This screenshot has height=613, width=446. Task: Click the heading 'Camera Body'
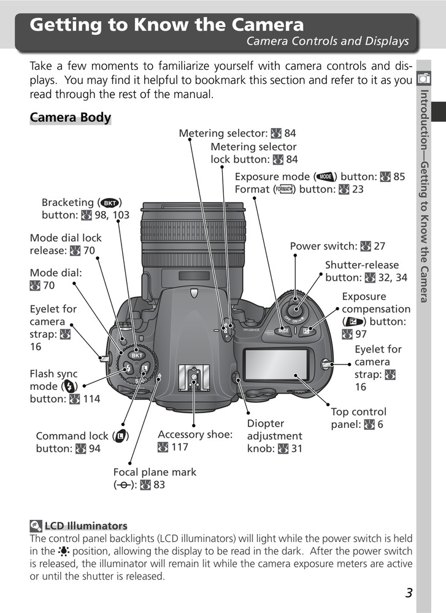pyautogui.click(x=70, y=117)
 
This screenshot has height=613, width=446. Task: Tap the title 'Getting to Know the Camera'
pyautogui.click(x=167, y=25)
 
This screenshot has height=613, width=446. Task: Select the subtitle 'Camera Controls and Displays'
pyautogui.click(x=327, y=42)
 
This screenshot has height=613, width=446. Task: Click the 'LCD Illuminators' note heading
pyautogui.click(x=85, y=525)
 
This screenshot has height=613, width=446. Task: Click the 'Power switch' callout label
pyautogui.click(x=337, y=246)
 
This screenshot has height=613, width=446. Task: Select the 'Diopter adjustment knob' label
pyautogui.click(x=274, y=436)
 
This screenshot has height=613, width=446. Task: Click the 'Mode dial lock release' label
pyautogui.click(x=66, y=244)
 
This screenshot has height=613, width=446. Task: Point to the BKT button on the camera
pyautogui.click(x=137, y=356)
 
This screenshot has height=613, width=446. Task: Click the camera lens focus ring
pyautogui.click(x=193, y=232)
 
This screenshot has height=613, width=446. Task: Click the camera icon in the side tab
pyautogui.click(x=423, y=78)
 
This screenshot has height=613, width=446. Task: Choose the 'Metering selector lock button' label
pyautogui.click(x=254, y=153)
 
